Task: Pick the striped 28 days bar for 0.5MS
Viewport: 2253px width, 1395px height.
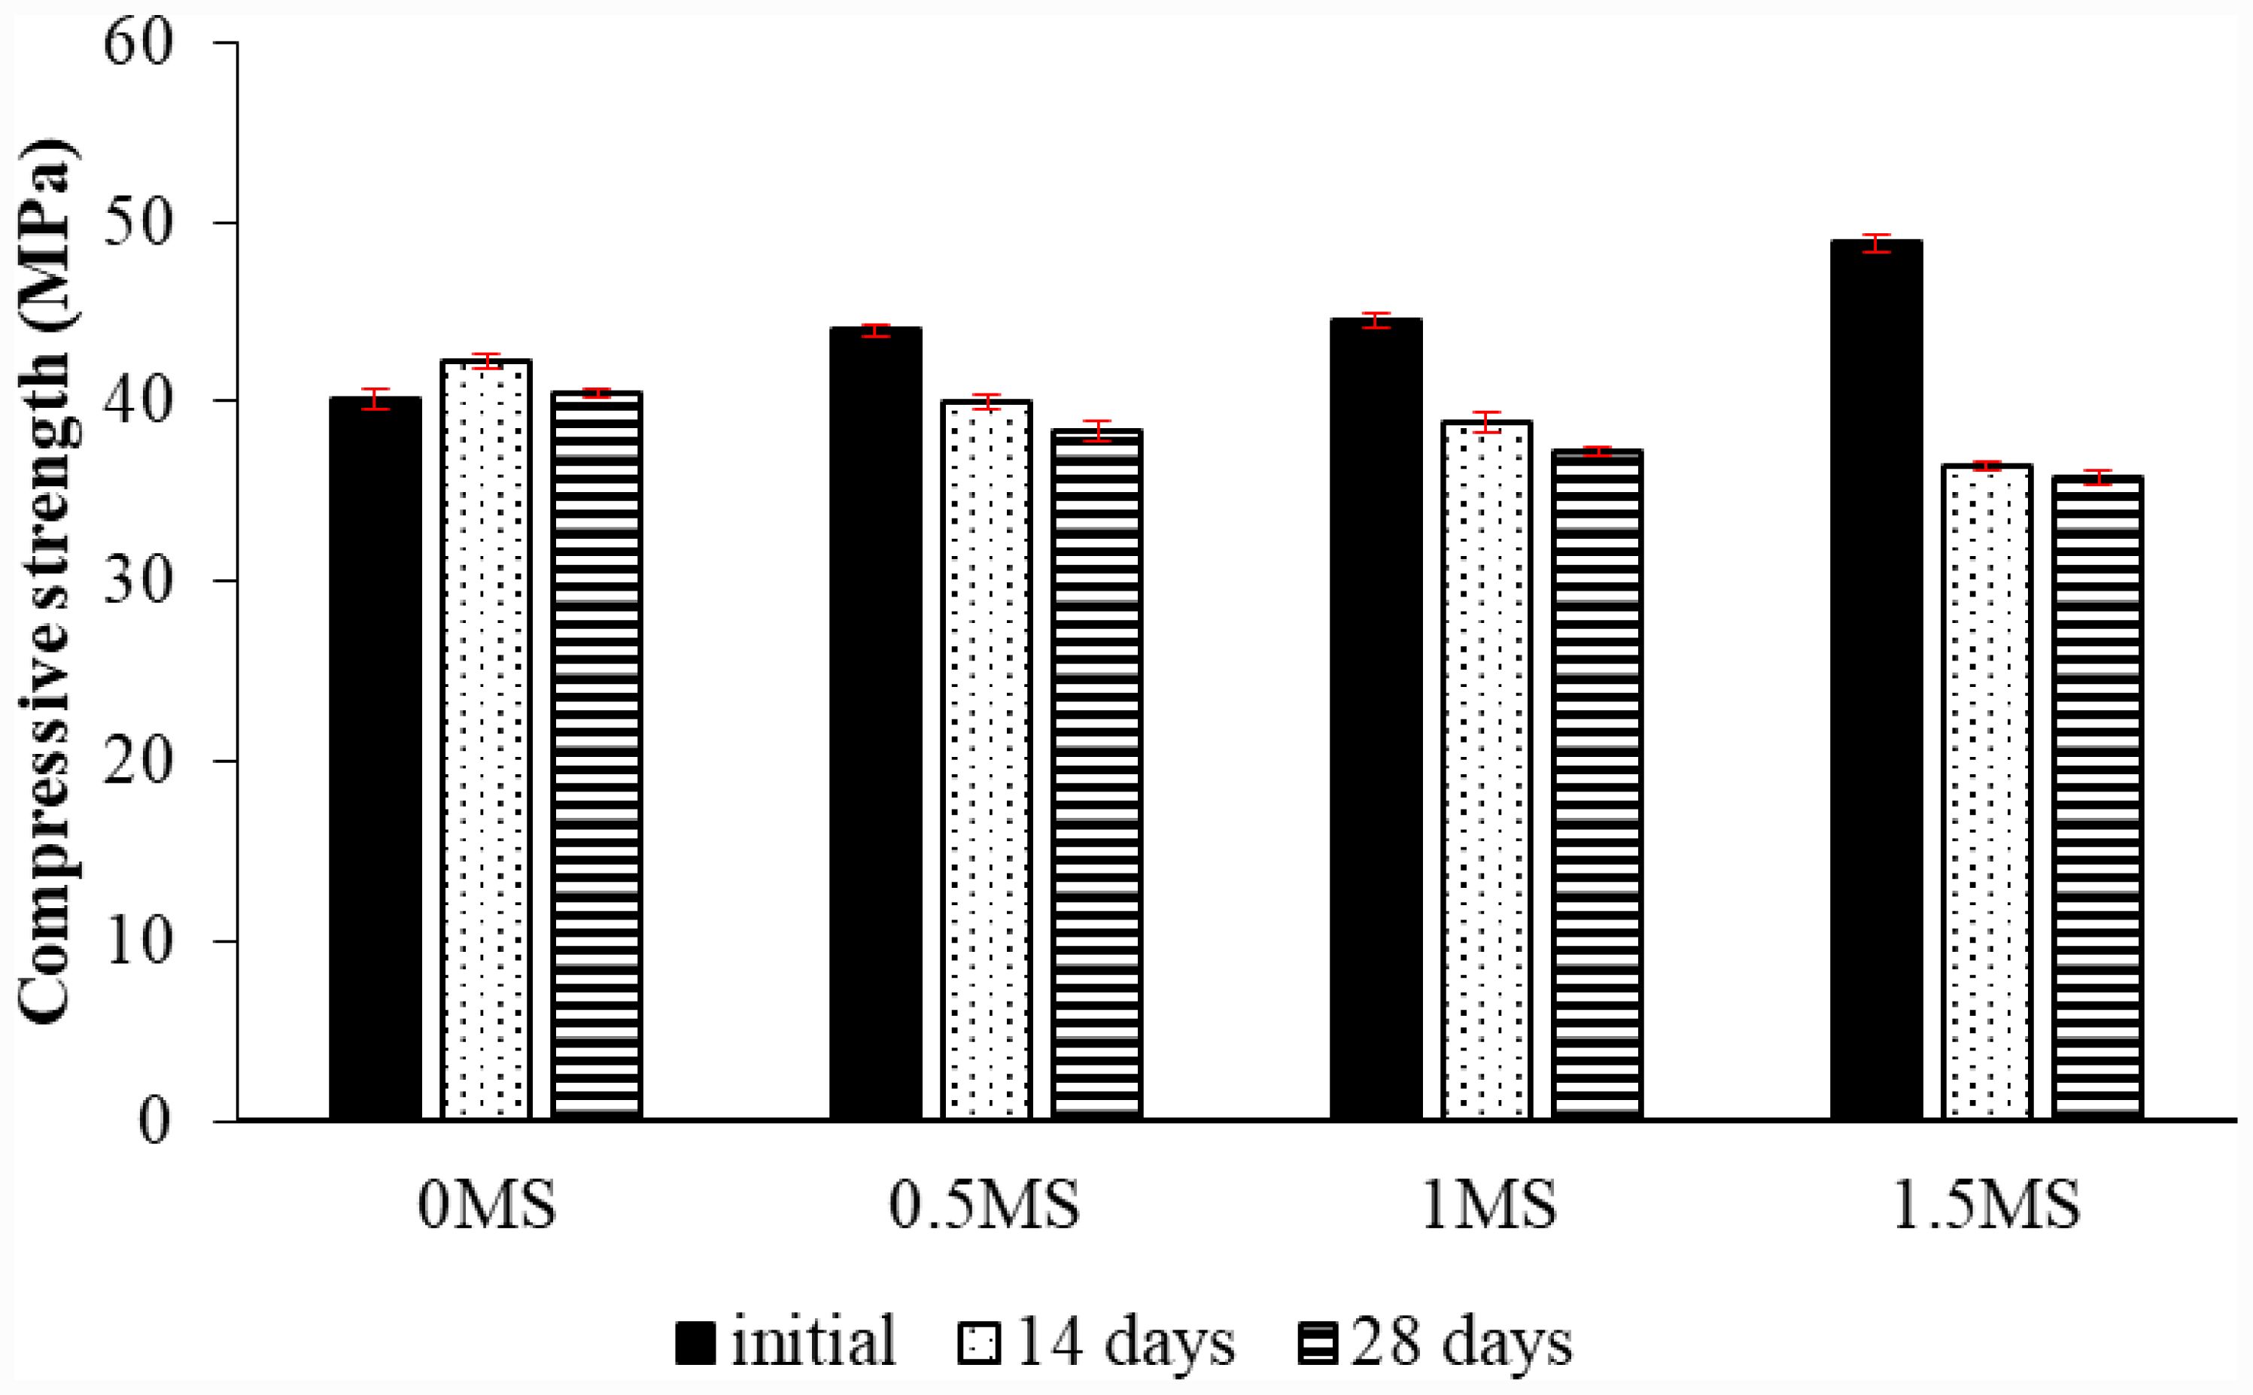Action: click(1096, 775)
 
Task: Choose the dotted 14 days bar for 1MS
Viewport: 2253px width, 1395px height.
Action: click(1486, 771)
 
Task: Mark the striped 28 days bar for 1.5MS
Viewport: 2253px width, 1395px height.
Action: click(2097, 799)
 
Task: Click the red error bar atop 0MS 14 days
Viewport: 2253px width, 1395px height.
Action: click(486, 360)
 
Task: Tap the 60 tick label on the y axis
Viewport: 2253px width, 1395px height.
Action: click(138, 44)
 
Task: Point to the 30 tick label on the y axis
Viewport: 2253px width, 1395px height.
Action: click(138, 581)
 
